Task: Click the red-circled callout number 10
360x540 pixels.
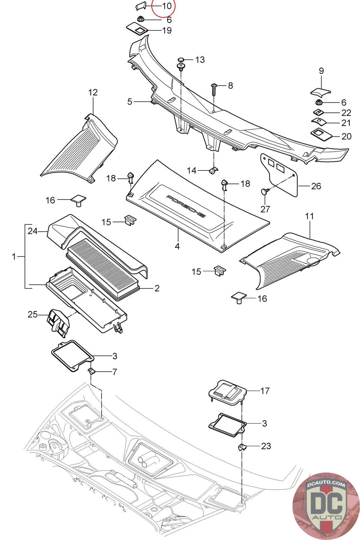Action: point(167,6)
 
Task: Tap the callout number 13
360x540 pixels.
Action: point(200,59)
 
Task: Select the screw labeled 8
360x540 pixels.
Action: point(214,89)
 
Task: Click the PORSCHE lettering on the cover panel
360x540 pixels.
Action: point(186,206)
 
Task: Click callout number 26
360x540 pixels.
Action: point(316,186)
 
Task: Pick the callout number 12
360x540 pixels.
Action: point(93,92)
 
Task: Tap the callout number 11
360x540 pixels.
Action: point(309,216)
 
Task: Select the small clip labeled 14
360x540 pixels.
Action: point(213,170)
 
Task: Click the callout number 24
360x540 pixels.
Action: point(33,231)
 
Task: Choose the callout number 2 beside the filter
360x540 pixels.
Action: point(157,288)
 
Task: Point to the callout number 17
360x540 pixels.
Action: point(265,391)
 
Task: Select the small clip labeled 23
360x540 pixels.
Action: point(242,447)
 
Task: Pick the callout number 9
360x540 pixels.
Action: point(321,71)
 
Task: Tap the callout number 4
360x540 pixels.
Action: point(177,246)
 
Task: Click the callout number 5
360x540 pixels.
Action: point(130,102)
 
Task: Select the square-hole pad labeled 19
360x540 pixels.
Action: point(137,29)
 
